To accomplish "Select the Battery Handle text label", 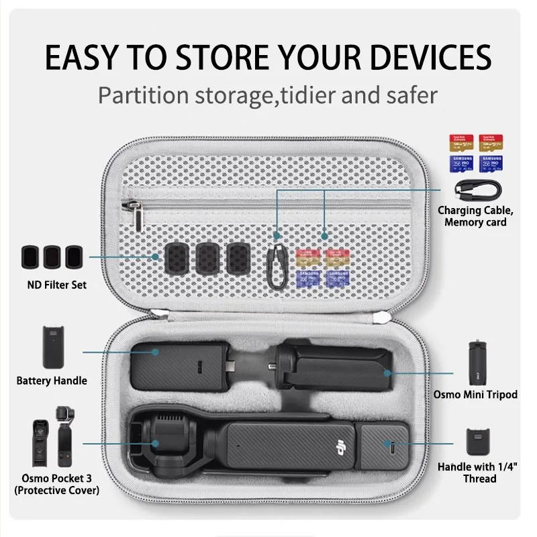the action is click(52, 381).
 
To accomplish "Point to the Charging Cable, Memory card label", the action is click(475, 216).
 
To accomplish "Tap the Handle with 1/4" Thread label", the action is click(479, 472).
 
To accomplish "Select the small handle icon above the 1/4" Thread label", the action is click(479, 443).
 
